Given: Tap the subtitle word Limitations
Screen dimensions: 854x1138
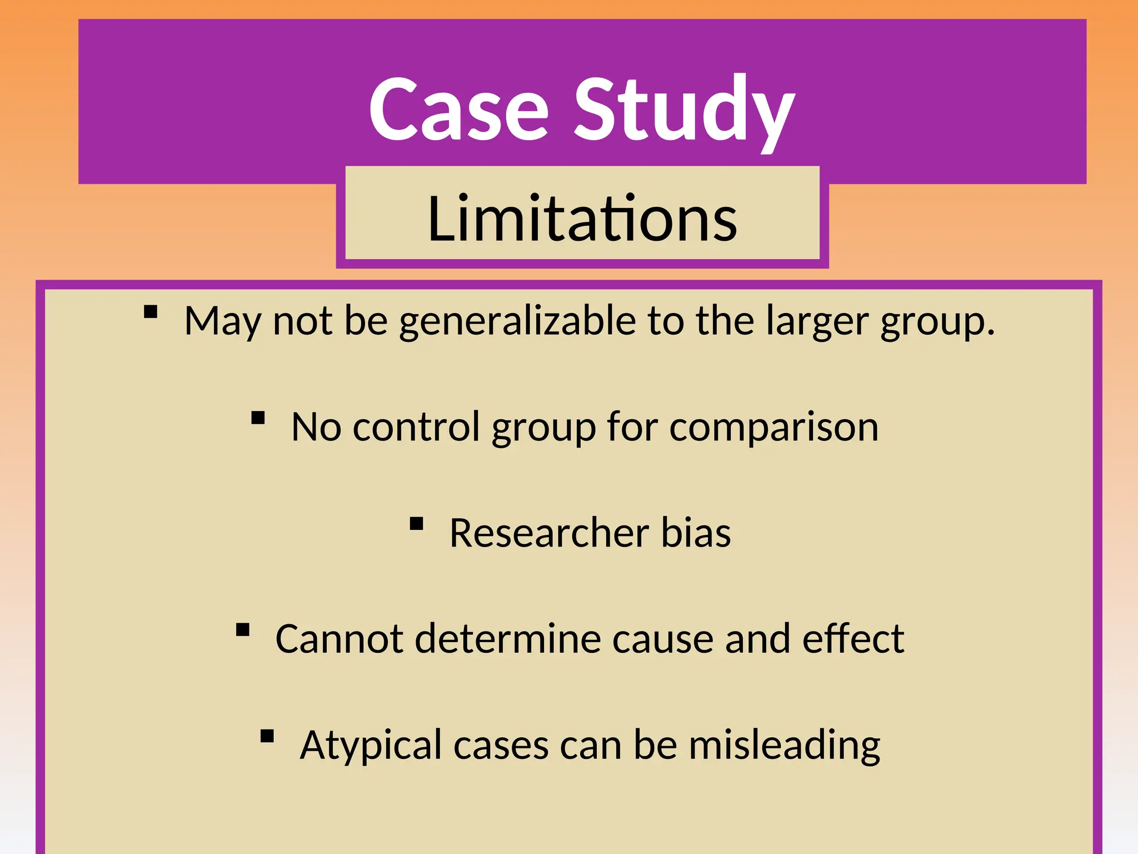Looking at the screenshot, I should (582, 219).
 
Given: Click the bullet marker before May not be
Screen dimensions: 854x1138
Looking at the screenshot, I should (151, 311).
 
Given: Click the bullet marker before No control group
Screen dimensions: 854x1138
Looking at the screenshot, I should (258, 418).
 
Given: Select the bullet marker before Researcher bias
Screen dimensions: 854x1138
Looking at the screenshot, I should (416, 524).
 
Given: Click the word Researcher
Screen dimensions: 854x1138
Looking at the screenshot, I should (549, 533).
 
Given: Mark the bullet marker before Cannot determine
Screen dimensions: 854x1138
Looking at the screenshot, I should (243, 629).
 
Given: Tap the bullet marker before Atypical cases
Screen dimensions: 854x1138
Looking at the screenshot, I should (267, 736).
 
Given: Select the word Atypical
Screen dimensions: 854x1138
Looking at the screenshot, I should (371, 746).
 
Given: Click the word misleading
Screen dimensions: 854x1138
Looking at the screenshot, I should (784, 746).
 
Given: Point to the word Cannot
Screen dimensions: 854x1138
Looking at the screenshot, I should (339, 639).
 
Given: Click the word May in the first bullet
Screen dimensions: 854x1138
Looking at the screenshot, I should (222, 321).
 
